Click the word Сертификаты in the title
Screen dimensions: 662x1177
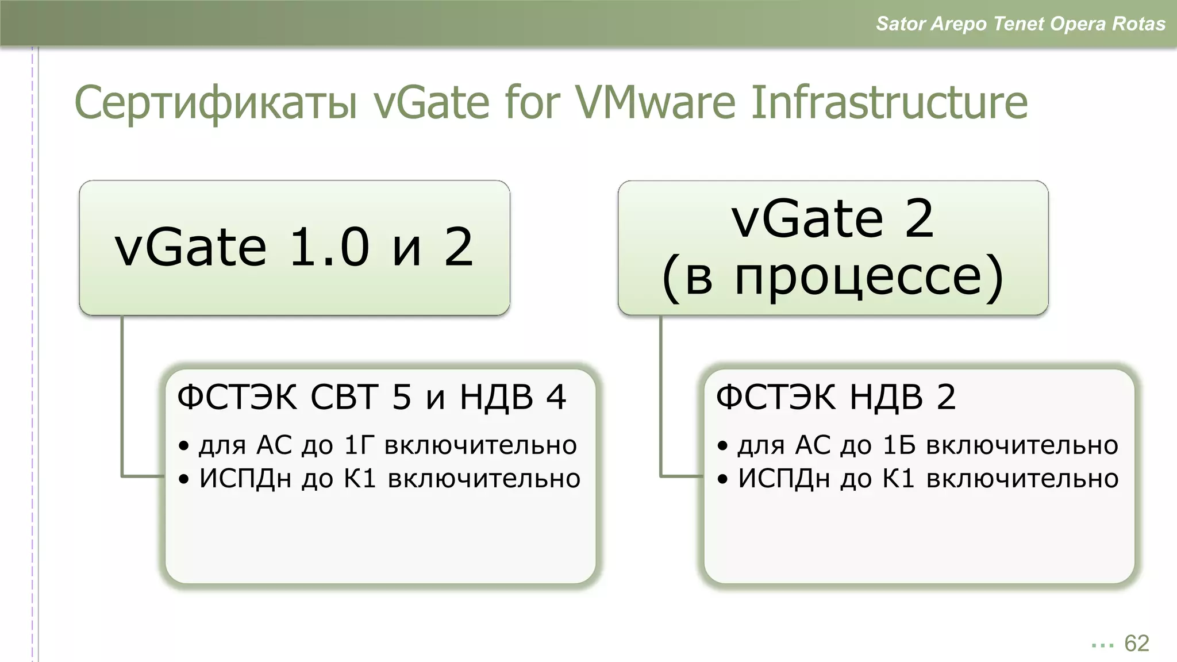[216, 103]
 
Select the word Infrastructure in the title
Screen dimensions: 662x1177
[889, 103]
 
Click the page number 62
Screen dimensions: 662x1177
[1136, 644]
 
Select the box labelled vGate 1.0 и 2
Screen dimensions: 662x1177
[294, 248]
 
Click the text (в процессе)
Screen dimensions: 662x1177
[833, 278]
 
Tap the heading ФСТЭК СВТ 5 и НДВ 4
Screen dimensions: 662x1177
[371, 397]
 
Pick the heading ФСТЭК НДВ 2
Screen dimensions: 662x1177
[836, 397]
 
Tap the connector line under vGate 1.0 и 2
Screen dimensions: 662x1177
[122, 397]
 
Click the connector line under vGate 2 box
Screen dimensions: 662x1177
[661, 397]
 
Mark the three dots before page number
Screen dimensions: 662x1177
[1102, 646]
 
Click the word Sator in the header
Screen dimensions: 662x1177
[900, 24]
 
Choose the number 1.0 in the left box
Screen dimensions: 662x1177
[329, 248]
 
